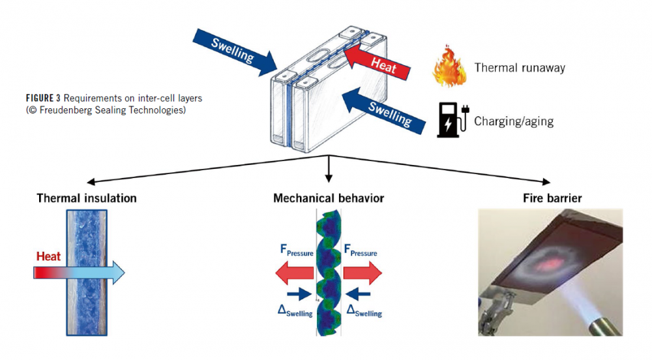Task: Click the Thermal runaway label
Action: click(520, 68)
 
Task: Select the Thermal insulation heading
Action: click(87, 198)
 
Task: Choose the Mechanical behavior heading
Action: click(329, 198)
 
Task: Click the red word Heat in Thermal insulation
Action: click(48, 256)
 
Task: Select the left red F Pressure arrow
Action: click(293, 271)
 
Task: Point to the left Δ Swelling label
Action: click(295, 308)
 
